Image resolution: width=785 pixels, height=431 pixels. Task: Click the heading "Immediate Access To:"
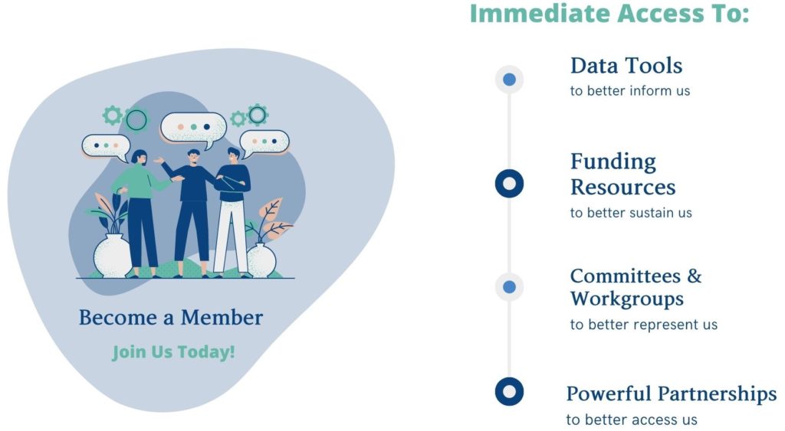(609, 13)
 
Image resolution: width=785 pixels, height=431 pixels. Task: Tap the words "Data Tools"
(626, 66)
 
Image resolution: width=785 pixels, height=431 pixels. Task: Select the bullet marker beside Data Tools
(509, 79)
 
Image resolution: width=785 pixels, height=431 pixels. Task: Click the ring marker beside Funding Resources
(509, 184)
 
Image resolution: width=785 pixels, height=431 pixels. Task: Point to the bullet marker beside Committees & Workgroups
(509, 287)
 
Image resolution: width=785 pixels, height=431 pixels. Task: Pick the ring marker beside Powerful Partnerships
(509, 391)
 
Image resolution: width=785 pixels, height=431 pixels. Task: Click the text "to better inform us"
(630, 91)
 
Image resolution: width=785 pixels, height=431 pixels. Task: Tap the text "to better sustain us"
(631, 213)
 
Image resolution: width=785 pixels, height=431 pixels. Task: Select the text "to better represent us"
(644, 325)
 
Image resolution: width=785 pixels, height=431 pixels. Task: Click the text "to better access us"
(632, 420)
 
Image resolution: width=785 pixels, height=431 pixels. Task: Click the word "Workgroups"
(627, 299)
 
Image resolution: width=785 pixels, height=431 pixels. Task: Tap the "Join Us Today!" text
(173, 352)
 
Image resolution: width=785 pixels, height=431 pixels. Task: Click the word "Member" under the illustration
(222, 318)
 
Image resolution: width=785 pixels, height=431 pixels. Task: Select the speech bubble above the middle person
(193, 129)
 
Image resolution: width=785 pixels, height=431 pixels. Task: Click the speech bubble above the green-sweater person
(107, 147)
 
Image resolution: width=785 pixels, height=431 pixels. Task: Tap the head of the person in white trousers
(233, 155)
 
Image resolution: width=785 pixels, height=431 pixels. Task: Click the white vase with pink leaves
(262, 260)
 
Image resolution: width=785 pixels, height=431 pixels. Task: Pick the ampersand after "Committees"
(694, 276)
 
